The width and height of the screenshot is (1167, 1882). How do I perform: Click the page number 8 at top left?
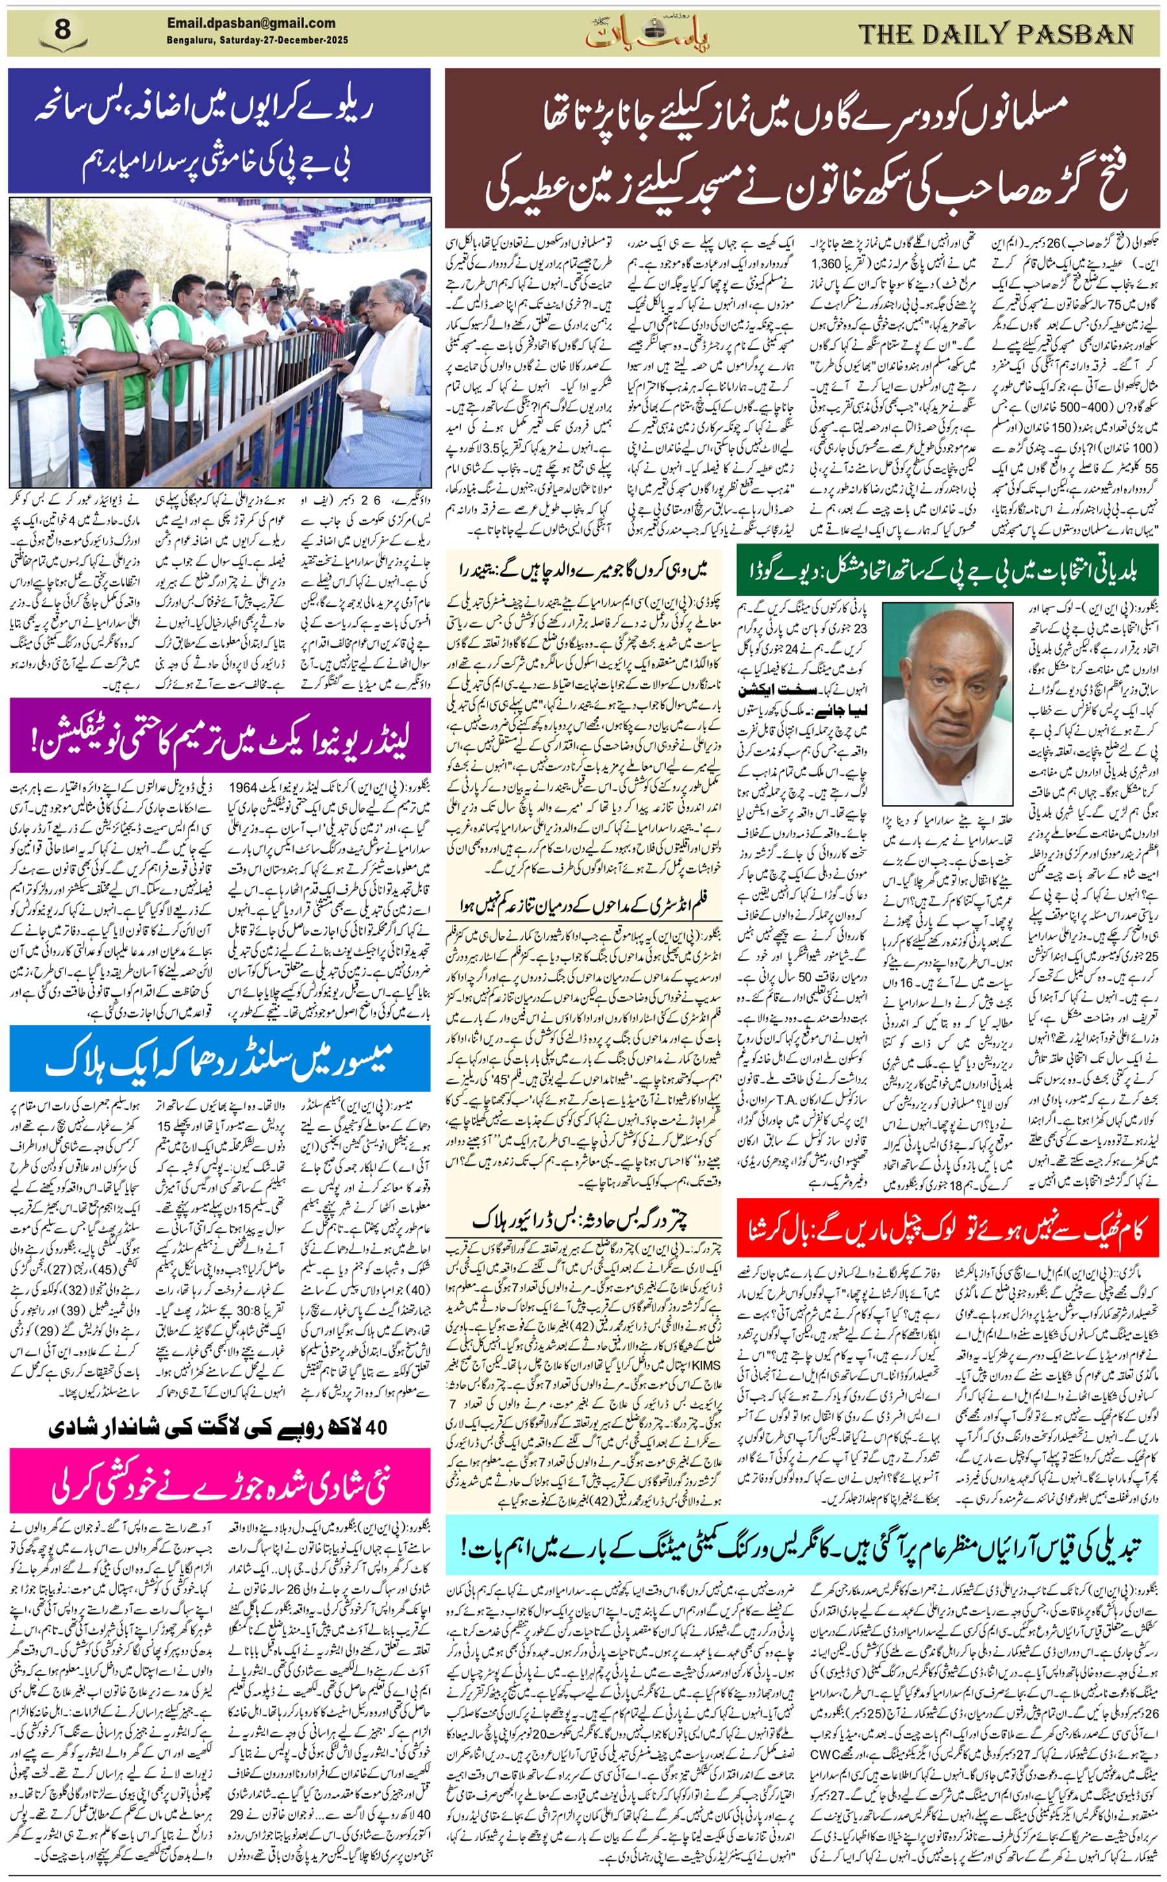pos(62,31)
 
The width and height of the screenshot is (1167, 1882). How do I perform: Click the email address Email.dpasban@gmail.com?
pos(251,23)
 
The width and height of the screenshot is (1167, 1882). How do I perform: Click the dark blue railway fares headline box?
pos(219,130)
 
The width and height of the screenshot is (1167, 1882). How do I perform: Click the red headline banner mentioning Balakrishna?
pos(947,1220)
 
